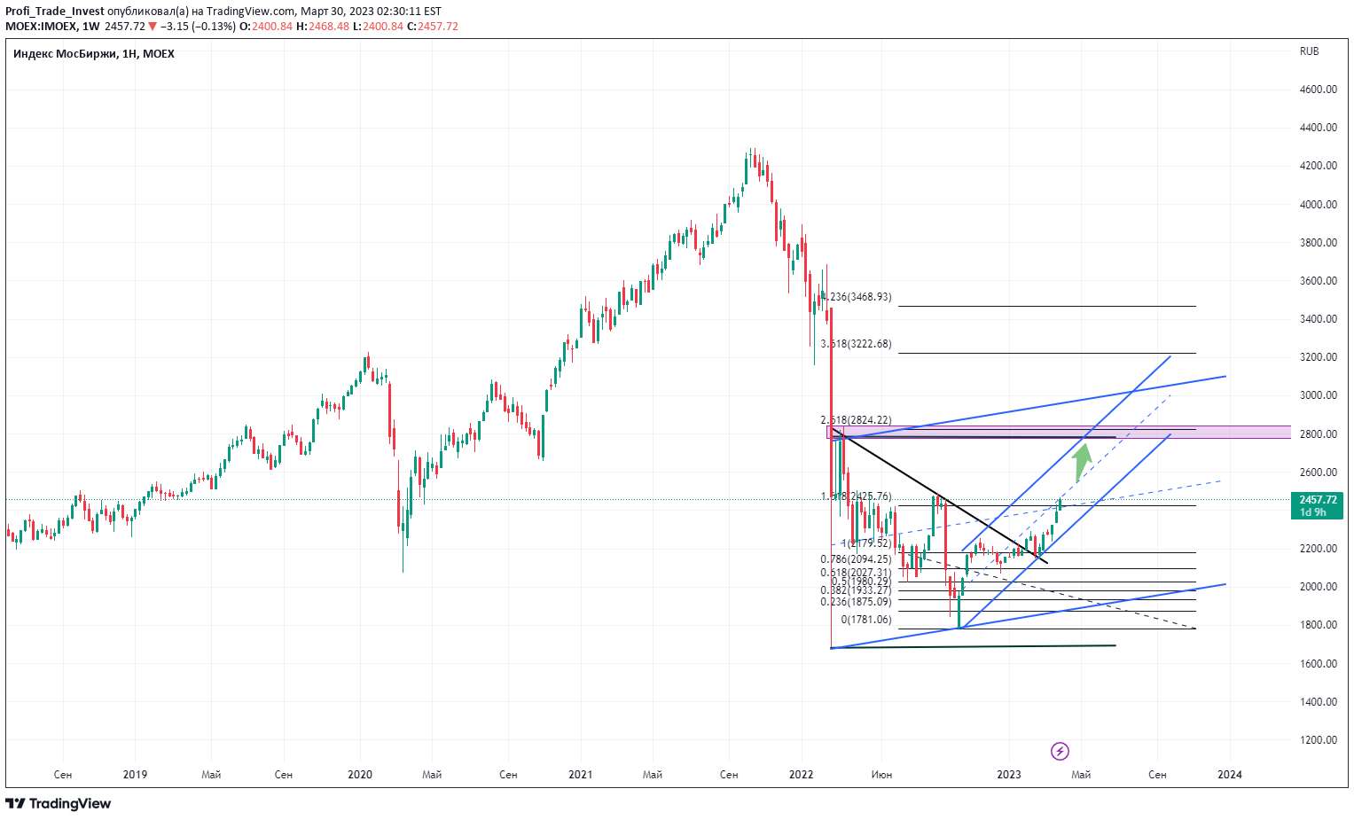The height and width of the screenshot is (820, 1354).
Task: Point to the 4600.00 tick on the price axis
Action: (1318, 90)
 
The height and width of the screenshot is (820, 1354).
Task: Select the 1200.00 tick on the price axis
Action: (1318, 740)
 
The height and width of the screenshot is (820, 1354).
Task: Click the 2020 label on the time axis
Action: (360, 775)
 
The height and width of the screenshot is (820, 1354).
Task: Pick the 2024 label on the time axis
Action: (1230, 775)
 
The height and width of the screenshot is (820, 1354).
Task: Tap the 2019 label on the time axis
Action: (135, 775)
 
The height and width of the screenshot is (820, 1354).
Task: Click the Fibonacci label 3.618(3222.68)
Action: (857, 344)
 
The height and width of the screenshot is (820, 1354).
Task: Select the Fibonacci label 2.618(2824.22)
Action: (857, 420)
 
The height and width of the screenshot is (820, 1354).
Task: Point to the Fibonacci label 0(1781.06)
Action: (866, 620)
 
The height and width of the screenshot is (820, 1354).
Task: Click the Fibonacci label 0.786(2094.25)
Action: (857, 559)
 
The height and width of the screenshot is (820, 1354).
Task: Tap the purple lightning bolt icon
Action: (1060, 752)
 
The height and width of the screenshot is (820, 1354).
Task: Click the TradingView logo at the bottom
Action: (59, 804)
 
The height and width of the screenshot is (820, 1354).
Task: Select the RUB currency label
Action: (1309, 51)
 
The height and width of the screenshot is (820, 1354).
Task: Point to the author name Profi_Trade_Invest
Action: (55, 12)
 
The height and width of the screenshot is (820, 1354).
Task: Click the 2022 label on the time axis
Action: (802, 775)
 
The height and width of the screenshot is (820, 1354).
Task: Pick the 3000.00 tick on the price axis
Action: (1318, 395)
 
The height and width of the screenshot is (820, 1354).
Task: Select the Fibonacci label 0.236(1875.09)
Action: (857, 602)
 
